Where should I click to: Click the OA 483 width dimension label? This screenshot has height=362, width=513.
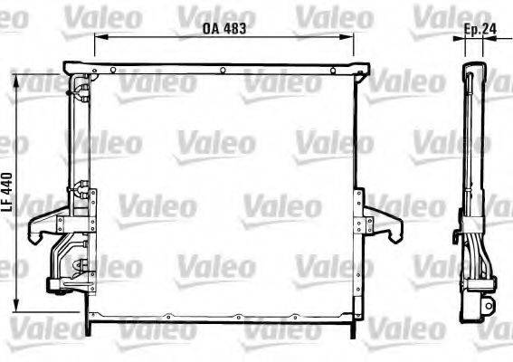point(223,28)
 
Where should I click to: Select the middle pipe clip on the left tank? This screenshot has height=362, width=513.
point(82,190)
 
